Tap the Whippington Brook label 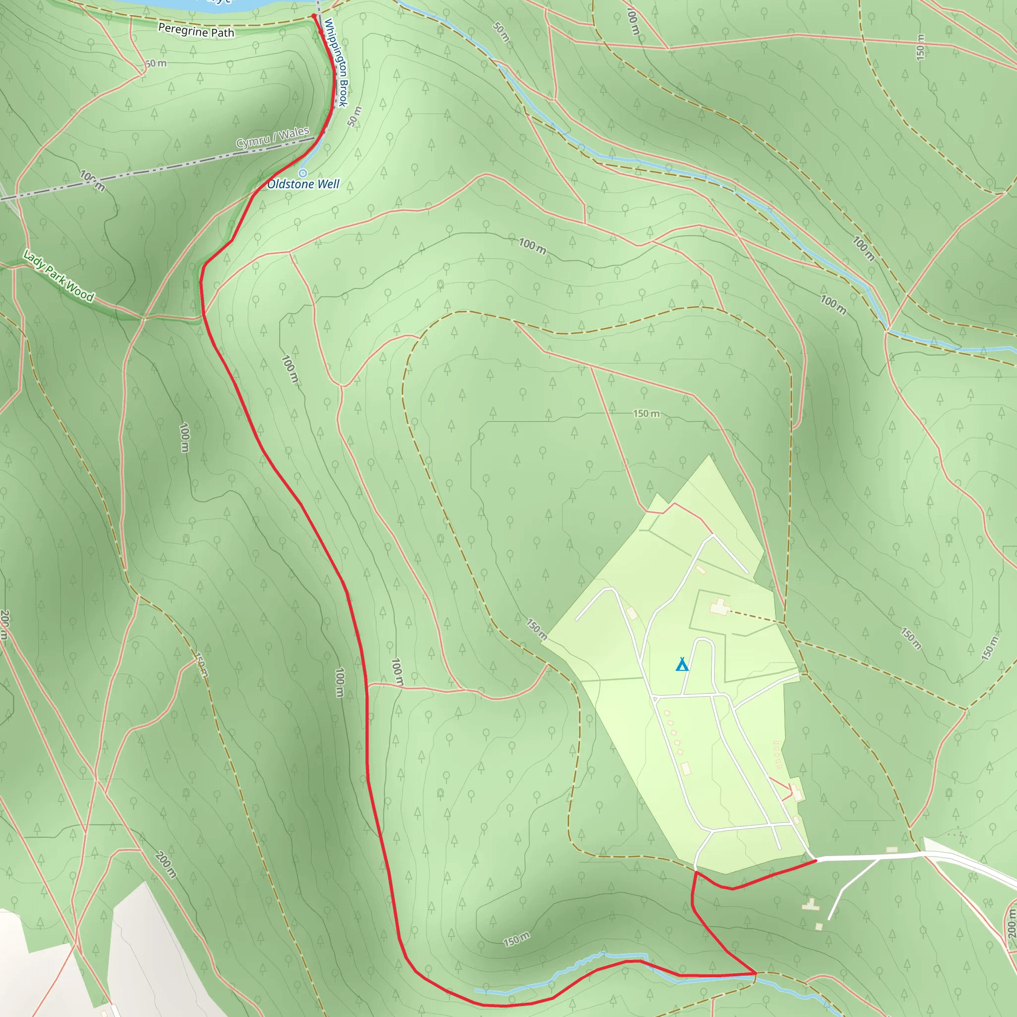click(336, 63)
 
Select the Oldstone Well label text click(303, 184)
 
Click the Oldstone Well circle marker click(303, 173)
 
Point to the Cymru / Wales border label click(272, 138)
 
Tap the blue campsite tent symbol click(682, 665)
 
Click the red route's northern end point click(314, 16)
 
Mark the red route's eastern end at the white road click(815, 860)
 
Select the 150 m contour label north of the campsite click(646, 414)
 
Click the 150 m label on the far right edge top click(920, 47)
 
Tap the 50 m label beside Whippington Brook click(355, 116)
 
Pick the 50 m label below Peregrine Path click(156, 64)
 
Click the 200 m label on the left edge click(4, 625)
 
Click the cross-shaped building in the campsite click(719, 607)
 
